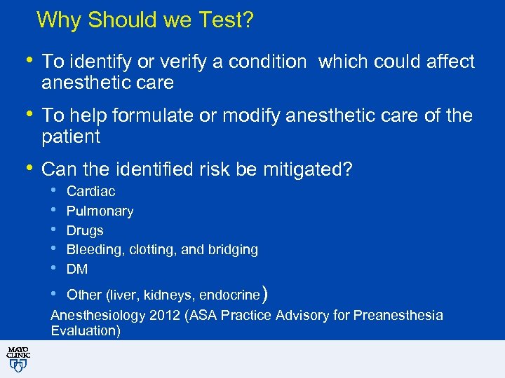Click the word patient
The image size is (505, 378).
tap(71, 136)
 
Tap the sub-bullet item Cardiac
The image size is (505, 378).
tap(90, 191)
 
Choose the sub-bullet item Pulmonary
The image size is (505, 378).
tap(100, 211)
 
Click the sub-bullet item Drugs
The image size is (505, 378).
tap(85, 230)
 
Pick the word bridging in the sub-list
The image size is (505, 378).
tap(234, 250)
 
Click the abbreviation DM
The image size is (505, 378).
tap(76, 269)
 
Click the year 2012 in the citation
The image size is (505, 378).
tap(163, 315)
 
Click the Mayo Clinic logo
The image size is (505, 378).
tap(18, 358)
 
